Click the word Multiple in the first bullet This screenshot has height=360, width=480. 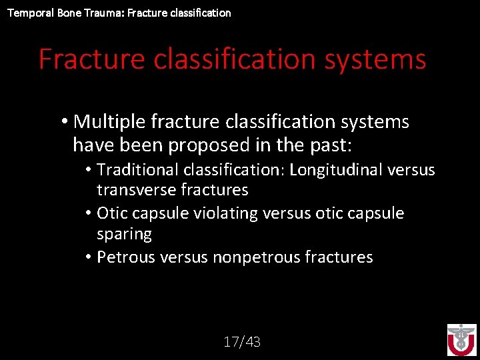point(110,122)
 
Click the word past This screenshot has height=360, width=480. point(336,145)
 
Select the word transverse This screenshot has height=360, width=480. point(136,190)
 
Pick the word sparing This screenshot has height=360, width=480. point(124,234)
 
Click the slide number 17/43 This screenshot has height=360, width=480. point(242,343)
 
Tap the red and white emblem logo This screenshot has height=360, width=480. point(461,339)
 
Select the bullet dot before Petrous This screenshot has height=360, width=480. point(89,257)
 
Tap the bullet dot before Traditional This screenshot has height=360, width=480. point(89,170)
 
